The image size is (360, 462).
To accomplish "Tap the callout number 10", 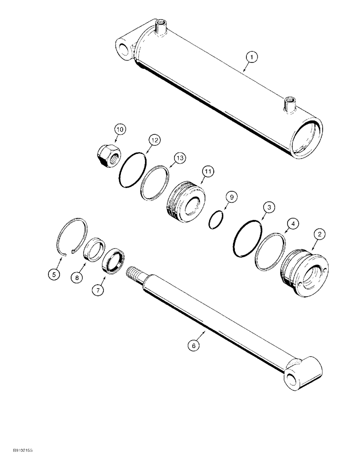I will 120,130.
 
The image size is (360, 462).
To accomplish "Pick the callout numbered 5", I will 54,274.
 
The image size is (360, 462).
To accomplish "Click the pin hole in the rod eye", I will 292,380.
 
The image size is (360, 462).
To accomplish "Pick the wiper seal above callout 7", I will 112,261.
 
